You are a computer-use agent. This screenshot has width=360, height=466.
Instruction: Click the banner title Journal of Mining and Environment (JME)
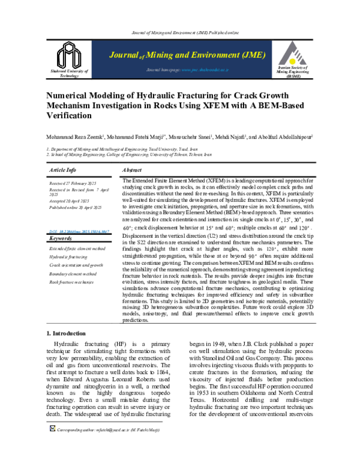click(x=187, y=55)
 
